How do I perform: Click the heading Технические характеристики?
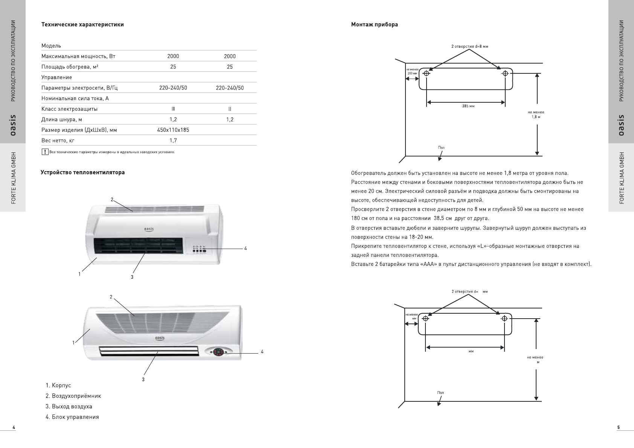(x=82, y=24)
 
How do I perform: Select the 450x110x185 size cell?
(x=173, y=130)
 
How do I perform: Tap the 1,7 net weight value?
(x=173, y=140)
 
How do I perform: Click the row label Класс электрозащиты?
(x=69, y=109)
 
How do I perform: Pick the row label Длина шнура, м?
(x=62, y=119)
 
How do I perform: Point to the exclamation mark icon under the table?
(x=45, y=152)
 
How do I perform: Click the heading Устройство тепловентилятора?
(x=82, y=172)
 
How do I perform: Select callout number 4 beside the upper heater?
(x=245, y=249)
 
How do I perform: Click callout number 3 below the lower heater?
(x=143, y=379)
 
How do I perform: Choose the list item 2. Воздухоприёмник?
(x=73, y=396)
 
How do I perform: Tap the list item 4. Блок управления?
(x=72, y=417)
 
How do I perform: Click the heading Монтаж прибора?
(x=374, y=24)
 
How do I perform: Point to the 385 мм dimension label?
(x=468, y=106)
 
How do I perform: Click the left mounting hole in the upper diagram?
(x=426, y=73)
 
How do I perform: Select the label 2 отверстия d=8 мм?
(x=469, y=46)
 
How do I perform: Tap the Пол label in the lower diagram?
(x=440, y=393)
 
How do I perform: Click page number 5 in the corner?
(x=618, y=427)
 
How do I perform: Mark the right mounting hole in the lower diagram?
(x=504, y=319)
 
